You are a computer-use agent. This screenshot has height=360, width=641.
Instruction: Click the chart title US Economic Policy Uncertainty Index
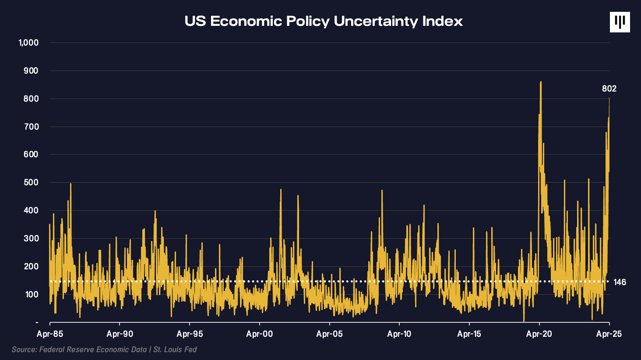point(324,21)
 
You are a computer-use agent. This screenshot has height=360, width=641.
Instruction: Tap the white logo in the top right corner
point(620,22)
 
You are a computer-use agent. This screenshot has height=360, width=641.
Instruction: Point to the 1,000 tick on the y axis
point(28,43)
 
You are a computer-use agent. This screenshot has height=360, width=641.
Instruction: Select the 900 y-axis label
point(31,71)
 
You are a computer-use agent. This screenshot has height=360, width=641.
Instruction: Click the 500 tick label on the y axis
point(31,183)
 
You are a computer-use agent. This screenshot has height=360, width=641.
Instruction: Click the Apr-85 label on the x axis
point(50,334)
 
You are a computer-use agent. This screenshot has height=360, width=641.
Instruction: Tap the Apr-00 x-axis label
point(260,334)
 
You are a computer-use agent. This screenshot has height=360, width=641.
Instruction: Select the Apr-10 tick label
point(399,334)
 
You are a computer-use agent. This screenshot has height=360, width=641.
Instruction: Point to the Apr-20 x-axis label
point(539,334)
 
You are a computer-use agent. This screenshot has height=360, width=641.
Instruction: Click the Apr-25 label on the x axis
point(609,334)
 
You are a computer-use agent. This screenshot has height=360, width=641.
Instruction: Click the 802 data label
point(609,89)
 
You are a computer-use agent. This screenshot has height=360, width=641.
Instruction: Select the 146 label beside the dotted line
point(620,282)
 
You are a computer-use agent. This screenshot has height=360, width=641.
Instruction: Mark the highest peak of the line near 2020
point(541,82)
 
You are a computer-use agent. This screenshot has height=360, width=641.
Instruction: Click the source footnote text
point(104,349)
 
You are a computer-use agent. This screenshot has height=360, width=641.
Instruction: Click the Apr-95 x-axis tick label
point(190,334)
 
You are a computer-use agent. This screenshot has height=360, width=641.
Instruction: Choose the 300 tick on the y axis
point(31,239)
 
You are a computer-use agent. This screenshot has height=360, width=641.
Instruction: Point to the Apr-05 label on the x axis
point(329,334)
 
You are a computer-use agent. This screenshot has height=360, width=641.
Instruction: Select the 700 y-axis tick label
point(31,127)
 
